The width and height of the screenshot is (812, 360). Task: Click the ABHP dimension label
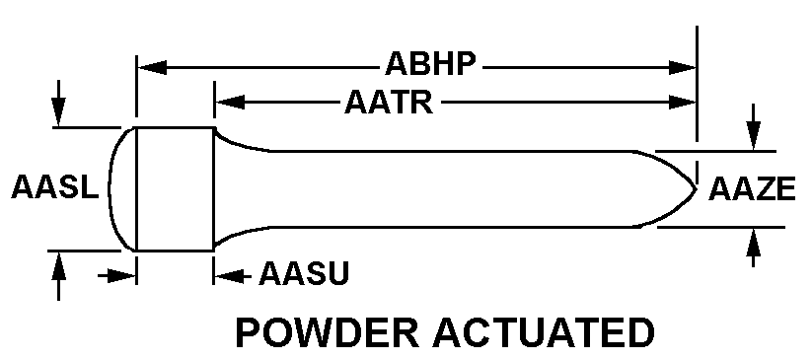coord(430,65)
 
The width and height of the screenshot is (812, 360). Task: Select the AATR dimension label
coord(389,102)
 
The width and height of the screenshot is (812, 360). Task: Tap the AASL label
coord(54,187)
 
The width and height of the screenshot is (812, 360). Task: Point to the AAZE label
coord(752,189)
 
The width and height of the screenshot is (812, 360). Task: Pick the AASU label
coord(304,273)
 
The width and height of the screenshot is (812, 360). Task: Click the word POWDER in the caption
coord(328,332)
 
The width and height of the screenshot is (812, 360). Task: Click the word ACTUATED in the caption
coord(544,332)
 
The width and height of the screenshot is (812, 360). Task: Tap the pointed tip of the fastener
coord(696,189)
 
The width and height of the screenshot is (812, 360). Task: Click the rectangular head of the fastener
coord(175,189)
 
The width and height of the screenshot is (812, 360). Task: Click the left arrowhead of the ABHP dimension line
coord(152,67)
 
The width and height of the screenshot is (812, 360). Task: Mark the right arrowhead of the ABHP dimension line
coord(682,67)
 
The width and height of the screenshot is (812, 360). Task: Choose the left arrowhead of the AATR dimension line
coord(230,102)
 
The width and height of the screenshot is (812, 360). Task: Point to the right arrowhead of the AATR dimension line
coord(682,102)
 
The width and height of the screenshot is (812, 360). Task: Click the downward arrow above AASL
coord(58,104)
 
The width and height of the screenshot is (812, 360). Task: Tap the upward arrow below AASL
coord(58,275)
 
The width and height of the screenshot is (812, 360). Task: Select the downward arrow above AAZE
coord(754,127)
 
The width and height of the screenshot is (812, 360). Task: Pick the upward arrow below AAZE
coord(754,248)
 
